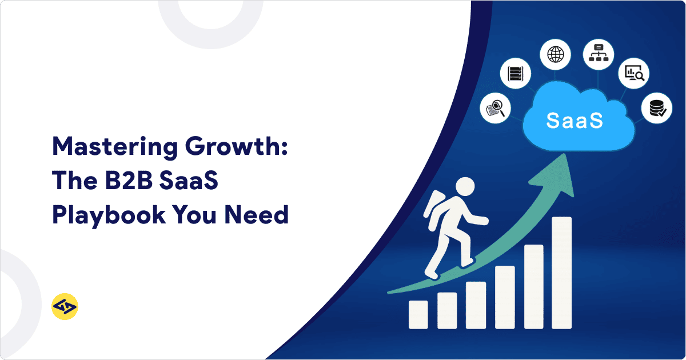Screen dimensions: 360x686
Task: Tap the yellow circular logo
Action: coord(65,307)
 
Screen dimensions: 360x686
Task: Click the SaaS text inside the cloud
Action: coord(574,120)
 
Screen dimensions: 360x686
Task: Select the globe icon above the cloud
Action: coord(555,55)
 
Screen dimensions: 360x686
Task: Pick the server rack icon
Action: coord(516,74)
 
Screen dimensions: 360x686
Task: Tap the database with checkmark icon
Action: coord(653,109)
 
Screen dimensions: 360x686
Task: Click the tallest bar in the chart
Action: coord(561,273)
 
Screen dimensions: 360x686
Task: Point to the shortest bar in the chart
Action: coord(418,315)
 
